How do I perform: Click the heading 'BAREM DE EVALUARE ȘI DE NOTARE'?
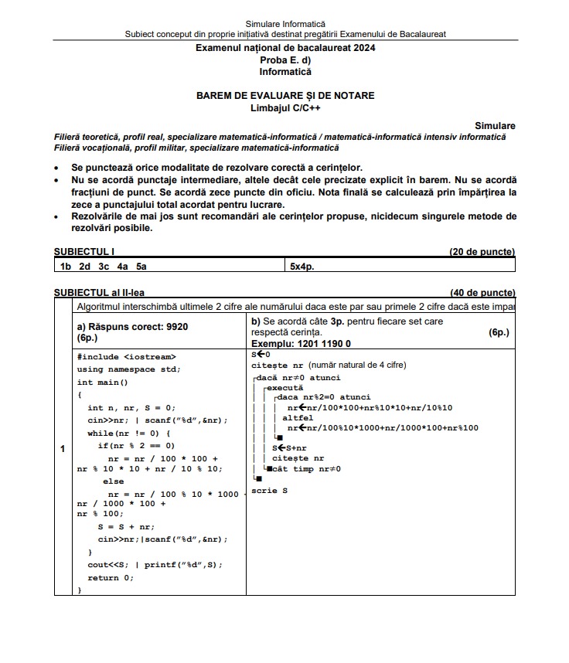click(284, 96)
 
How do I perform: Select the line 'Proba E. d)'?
click(284, 59)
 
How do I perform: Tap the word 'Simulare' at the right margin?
click(495, 125)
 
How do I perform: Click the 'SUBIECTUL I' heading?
click(84, 252)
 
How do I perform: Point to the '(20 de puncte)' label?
click(482, 252)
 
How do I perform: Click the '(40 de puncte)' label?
click(482, 293)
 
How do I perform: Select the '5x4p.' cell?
click(302, 266)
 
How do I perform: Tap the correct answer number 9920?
click(175, 327)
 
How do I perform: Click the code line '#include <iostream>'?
click(127, 357)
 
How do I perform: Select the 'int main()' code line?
click(103, 382)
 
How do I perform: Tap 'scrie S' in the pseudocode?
click(270, 491)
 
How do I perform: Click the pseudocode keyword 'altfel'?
click(298, 417)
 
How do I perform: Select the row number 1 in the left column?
click(62, 450)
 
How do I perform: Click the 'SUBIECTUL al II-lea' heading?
click(99, 293)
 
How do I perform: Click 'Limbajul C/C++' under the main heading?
click(284, 107)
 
